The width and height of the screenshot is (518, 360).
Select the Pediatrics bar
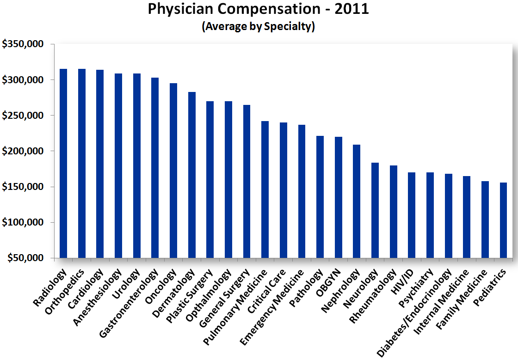pos(503,220)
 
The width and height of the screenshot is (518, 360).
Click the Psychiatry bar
pos(430,215)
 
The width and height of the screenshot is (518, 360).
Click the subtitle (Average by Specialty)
pos(258,26)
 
